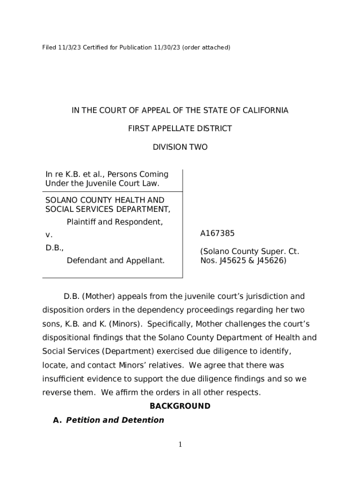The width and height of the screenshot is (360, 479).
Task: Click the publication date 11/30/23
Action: pyautogui.click(x=167, y=47)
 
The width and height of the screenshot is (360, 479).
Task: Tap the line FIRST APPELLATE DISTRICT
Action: pyautogui.click(x=180, y=129)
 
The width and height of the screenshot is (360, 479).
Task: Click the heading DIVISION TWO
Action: pyautogui.click(x=180, y=147)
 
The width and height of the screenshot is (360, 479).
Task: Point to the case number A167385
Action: pyautogui.click(x=217, y=233)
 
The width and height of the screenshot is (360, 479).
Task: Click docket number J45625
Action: pyautogui.click(x=232, y=261)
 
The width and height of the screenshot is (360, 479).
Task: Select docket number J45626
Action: pyautogui.click(x=271, y=261)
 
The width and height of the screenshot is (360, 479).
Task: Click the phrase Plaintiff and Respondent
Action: pyautogui.click(x=115, y=222)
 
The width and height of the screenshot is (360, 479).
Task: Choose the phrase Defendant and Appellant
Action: pyautogui.click(x=115, y=260)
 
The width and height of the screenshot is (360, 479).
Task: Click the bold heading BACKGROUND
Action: pyautogui.click(x=180, y=406)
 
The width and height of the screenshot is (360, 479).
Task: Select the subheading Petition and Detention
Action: pyautogui.click(x=115, y=420)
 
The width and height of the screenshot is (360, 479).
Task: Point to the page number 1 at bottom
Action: pyautogui.click(x=180, y=444)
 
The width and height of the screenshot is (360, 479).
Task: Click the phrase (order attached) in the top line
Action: pyautogui.click(x=206, y=47)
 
